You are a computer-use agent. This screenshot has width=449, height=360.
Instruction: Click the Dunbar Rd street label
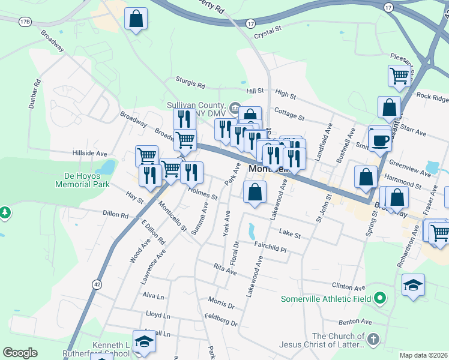pyautogui.click(x=34, y=94)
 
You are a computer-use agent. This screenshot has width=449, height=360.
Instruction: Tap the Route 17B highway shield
pyautogui.click(x=25, y=22)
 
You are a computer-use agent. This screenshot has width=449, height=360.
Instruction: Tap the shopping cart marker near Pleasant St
pyautogui.click(x=399, y=76)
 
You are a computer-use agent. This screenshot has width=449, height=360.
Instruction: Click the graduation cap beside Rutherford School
pyautogui.click(x=143, y=342)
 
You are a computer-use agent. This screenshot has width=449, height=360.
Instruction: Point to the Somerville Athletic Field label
pyautogui.click(x=327, y=297)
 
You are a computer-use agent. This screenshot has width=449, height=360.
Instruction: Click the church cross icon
pyautogui.click(x=373, y=340)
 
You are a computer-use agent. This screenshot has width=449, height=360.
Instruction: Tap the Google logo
pyautogui.click(x=20, y=353)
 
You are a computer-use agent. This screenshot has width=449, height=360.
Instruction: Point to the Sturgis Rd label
pyautogui.click(x=190, y=81)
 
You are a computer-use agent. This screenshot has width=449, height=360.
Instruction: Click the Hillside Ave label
pyautogui.click(x=90, y=154)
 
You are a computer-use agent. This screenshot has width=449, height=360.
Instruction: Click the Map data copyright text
pyautogui.click(x=424, y=355)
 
